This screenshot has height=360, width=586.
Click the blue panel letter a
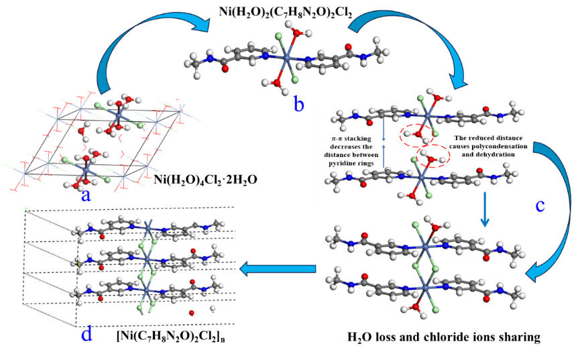coord(85,194)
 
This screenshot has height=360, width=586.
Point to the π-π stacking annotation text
coord(356,149)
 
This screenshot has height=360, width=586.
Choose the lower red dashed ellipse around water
coord(434,159)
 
